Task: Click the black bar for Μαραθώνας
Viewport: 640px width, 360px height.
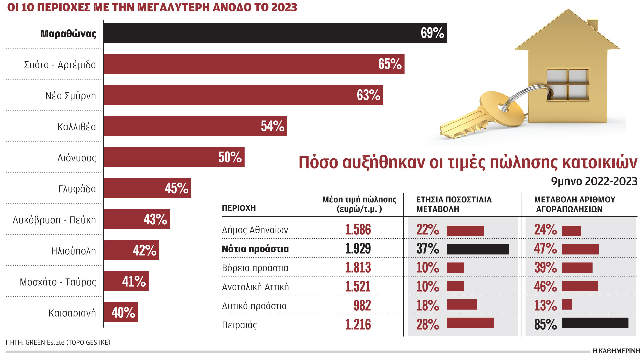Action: [260, 33]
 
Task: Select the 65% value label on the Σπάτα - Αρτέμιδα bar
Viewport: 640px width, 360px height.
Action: [390, 64]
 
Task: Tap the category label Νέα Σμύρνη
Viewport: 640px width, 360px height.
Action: [71, 96]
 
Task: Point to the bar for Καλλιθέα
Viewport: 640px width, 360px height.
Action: [187, 126]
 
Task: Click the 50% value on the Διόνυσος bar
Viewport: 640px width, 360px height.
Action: [230, 157]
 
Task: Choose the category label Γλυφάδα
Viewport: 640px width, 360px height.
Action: [77, 189]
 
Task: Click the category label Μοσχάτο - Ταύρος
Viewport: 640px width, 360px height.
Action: [58, 282]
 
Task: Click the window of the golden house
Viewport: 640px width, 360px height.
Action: [567, 85]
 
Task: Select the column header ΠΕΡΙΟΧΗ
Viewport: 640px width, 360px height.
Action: [239, 208]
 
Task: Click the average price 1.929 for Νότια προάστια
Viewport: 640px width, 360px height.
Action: [358, 249]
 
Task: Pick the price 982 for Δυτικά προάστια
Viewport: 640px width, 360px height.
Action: [362, 306]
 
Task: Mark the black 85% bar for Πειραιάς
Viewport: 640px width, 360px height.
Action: [595, 323]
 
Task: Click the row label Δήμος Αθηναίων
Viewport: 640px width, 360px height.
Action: [255, 230]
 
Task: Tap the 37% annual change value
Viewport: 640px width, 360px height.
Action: [428, 249]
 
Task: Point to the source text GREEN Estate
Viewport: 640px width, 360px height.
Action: [45, 342]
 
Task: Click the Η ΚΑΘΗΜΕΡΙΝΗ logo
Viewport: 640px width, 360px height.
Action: [616, 351]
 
